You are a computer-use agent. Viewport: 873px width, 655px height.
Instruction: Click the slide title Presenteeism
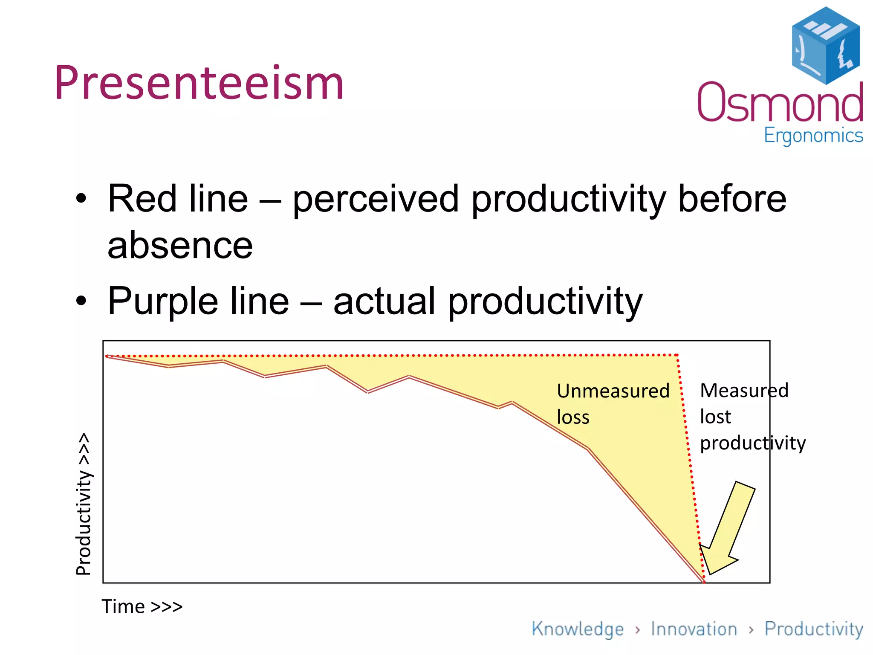click(199, 83)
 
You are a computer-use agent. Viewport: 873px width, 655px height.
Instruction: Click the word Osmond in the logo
click(780, 102)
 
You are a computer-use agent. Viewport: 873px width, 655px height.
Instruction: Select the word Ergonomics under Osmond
click(813, 136)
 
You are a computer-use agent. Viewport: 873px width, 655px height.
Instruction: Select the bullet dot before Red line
click(81, 199)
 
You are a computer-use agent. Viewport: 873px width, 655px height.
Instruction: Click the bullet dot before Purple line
click(81, 301)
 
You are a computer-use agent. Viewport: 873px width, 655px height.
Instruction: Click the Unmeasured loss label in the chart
click(613, 403)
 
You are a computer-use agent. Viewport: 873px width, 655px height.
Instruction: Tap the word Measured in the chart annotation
click(744, 391)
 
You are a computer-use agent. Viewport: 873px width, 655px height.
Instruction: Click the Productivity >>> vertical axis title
click(84, 504)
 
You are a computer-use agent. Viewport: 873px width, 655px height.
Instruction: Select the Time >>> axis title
click(142, 606)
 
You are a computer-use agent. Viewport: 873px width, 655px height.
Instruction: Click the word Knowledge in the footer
click(577, 629)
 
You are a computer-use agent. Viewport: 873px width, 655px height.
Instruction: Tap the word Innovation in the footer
click(694, 629)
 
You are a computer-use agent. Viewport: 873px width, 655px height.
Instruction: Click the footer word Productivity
click(813, 629)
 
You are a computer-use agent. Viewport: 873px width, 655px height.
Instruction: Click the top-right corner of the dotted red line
click(677, 355)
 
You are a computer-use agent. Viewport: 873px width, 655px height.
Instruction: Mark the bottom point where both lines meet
click(704, 582)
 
